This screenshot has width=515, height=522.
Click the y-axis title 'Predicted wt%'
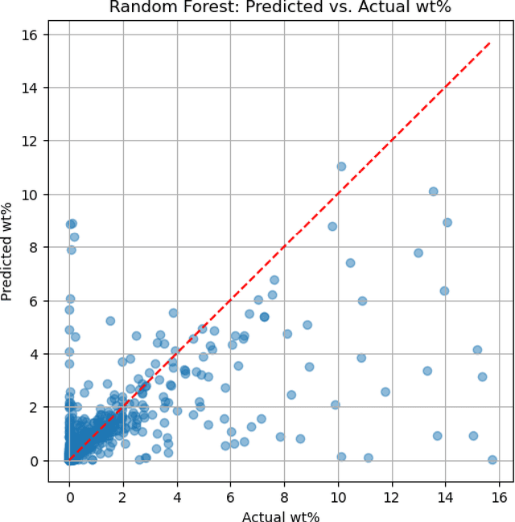[8, 247]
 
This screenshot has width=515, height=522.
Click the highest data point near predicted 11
[341, 166]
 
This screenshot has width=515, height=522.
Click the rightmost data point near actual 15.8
[492, 460]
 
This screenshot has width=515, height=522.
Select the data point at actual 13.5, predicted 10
[433, 191]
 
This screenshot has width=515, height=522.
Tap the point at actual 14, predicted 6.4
[444, 291]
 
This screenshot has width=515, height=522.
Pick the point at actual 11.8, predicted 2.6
[385, 392]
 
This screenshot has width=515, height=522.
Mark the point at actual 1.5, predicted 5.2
[110, 321]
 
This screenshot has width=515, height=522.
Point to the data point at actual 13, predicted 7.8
[418, 253]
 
